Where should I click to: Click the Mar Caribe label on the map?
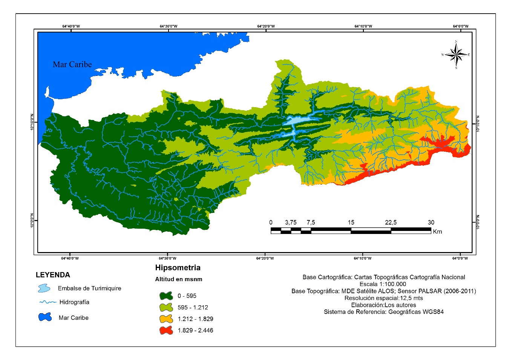(72, 65)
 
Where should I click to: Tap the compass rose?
(456, 55)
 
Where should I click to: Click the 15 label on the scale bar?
(351, 222)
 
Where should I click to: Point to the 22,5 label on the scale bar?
(391, 222)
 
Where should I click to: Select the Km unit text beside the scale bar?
(437, 231)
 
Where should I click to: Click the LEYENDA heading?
(53, 275)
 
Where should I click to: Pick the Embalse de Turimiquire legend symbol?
(44, 289)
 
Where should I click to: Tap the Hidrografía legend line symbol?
(48, 302)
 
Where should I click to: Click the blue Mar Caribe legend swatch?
(45, 317)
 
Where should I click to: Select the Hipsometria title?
(178, 268)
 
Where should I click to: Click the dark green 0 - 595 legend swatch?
(166, 296)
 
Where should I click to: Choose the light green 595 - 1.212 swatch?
(166, 308)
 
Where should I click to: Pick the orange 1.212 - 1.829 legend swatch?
(166, 319)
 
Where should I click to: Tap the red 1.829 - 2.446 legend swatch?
(166, 331)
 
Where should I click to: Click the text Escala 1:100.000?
(383, 284)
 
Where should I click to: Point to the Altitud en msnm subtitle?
(179, 280)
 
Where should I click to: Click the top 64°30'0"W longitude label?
(169, 26)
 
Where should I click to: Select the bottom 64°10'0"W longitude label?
(363, 258)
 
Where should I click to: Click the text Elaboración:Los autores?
(383, 305)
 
